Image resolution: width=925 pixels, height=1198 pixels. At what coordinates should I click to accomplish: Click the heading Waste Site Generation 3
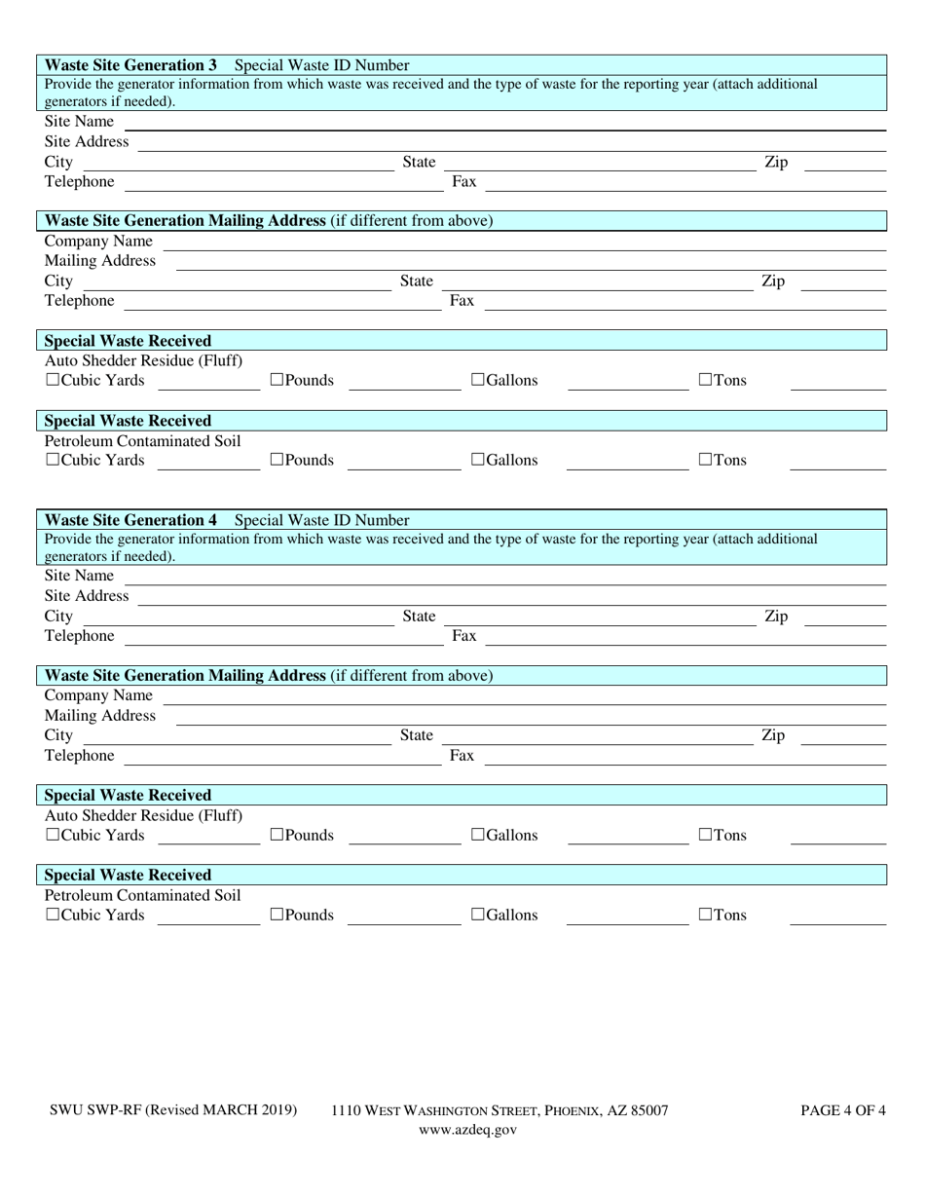coord(131,65)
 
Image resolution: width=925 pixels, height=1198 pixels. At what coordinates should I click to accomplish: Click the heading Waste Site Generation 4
coord(131,520)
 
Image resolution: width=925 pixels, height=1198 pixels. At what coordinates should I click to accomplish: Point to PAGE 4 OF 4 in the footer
coord(843,1110)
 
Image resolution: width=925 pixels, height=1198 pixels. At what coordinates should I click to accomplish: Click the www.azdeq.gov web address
coord(467,1130)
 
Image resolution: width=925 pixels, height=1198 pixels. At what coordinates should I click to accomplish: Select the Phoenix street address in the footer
coord(499,1110)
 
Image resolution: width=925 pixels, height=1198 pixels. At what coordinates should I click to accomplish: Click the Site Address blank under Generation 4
coord(511,597)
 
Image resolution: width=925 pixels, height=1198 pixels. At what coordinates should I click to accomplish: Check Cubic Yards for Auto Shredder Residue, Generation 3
coord(53,380)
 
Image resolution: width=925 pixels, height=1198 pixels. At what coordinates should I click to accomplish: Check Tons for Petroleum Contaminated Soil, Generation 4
coord(706,915)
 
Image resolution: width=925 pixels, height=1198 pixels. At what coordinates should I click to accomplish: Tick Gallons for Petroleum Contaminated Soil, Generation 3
coord(478,460)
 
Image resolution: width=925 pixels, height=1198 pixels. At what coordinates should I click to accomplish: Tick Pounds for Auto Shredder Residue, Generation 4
coord(277,835)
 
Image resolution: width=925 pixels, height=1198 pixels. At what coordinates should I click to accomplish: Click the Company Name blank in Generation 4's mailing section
coord(524,697)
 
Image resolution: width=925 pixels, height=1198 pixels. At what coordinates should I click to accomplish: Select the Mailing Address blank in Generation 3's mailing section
coord(531,263)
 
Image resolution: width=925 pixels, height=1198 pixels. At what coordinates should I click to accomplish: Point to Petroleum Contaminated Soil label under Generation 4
coord(143,895)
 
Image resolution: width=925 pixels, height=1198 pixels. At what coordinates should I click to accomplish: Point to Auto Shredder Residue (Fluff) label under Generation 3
coord(144,360)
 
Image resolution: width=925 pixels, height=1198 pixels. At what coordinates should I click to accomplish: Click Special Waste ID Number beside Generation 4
coord(322,520)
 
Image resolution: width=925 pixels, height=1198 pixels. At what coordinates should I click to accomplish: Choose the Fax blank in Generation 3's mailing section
coord(684,303)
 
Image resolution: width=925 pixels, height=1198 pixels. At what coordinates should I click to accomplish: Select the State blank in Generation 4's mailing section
coord(598,737)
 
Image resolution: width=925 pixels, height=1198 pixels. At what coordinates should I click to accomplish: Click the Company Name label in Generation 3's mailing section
coord(98,241)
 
